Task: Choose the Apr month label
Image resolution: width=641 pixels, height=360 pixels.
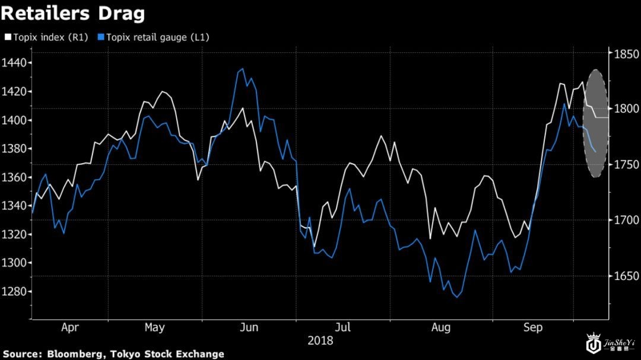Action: pos(70,327)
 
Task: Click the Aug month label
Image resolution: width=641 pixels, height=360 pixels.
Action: pos(440,327)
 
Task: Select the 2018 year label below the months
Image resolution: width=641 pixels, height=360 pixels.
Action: pos(320,341)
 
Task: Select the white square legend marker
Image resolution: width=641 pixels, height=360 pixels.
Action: pos(8,37)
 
